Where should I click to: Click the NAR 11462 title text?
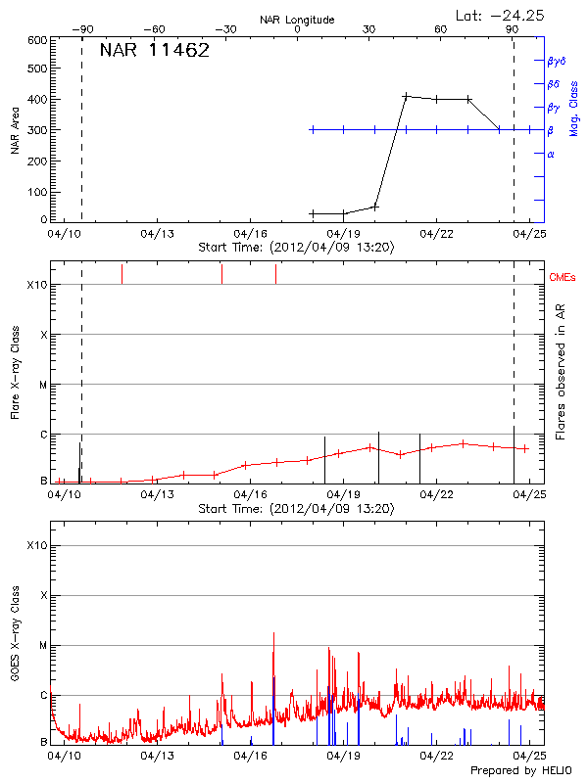pyautogui.click(x=155, y=51)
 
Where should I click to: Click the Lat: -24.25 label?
pyautogui.click(x=499, y=16)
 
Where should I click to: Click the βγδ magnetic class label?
pyautogui.click(x=557, y=61)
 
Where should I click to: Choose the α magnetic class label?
pyautogui.click(x=551, y=154)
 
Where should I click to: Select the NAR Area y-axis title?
pyautogui.click(x=15, y=130)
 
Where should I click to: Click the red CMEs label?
pyautogui.click(x=564, y=277)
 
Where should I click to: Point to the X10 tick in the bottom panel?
pyautogui.click(x=35, y=545)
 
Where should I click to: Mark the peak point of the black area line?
pyautogui.click(x=406, y=96)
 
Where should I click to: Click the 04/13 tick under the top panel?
pyautogui.click(x=158, y=234)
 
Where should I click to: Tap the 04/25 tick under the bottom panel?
pyautogui.click(x=530, y=756)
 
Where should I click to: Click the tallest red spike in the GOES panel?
pyautogui.click(x=273, y=634)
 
